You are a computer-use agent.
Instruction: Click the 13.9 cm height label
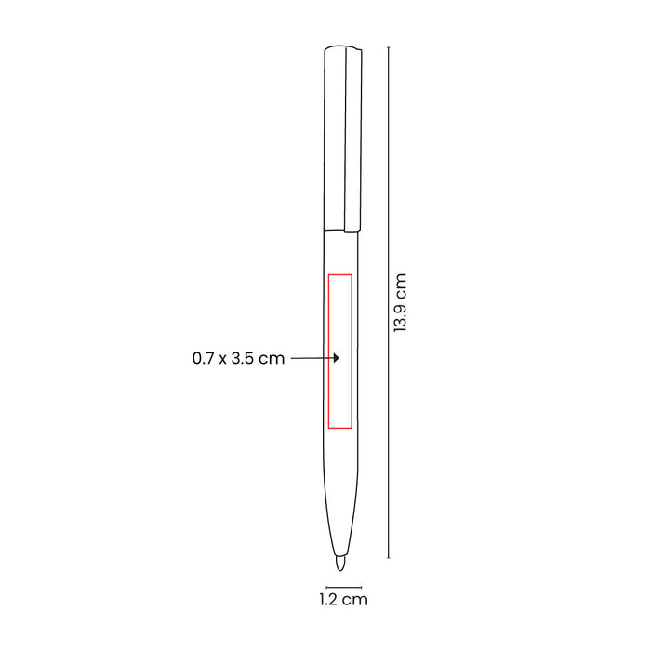point(400,302)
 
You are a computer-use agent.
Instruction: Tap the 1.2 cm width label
point(344,600)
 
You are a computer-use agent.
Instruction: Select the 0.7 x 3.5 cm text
point(238,358)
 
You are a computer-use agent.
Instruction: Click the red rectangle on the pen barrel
point(329,351)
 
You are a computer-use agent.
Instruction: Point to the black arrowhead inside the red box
point(337,358)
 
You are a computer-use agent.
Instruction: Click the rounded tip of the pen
point(340,564)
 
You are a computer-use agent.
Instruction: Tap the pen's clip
point(352,139)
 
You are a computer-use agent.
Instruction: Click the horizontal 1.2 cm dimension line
point(344,587)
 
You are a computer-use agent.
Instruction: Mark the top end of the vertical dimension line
point(389,47)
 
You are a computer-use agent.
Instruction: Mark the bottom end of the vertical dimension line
point(389,558)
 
